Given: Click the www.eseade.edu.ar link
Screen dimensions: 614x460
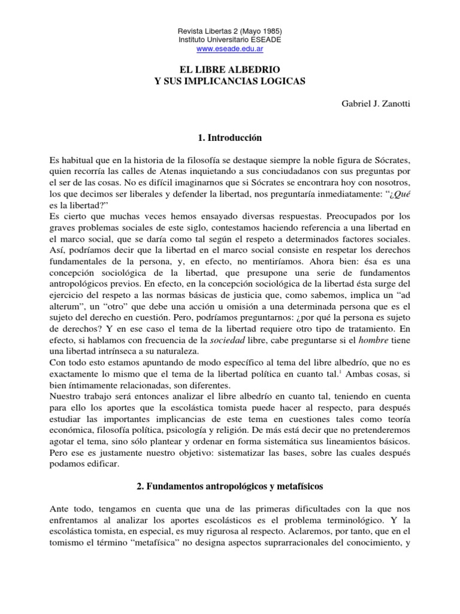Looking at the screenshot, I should click(230, 48).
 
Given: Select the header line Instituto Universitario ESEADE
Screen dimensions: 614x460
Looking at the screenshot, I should click(230, 39).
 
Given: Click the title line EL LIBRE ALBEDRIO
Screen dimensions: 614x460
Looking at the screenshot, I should click(230, 70).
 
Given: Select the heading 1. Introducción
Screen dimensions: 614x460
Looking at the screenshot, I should click(230, 138).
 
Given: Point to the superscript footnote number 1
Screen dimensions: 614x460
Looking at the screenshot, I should click(323, 371).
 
